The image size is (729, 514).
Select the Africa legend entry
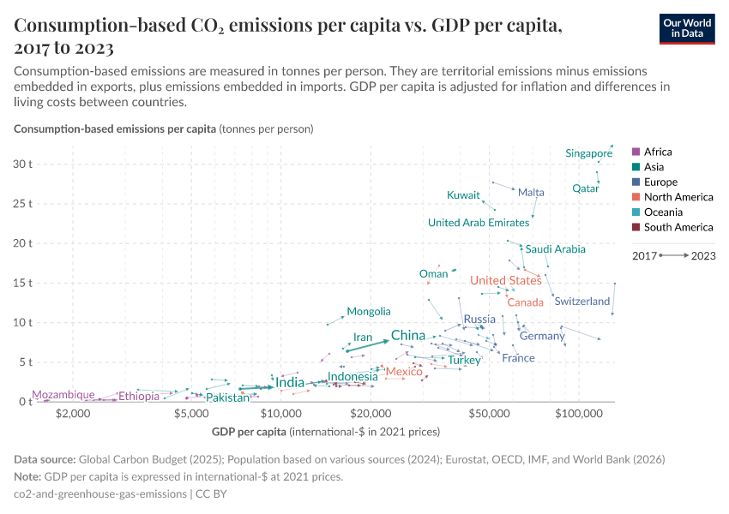[658, 152]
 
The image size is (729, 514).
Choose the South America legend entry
[678, 228]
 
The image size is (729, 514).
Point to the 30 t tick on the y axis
[21, 164]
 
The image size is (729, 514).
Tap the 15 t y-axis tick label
[21, 283]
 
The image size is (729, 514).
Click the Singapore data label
[588, 153]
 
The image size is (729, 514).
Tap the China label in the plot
[408, 335]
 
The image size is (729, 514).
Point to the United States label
[505, 280]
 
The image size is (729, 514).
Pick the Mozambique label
[63, 395]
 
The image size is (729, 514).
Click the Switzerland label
[581, 302]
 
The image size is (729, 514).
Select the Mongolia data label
[369, 312]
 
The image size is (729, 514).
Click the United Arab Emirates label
[479, 223]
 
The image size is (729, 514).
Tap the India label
[290, 382]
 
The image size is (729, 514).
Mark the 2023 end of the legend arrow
[703, 255]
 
